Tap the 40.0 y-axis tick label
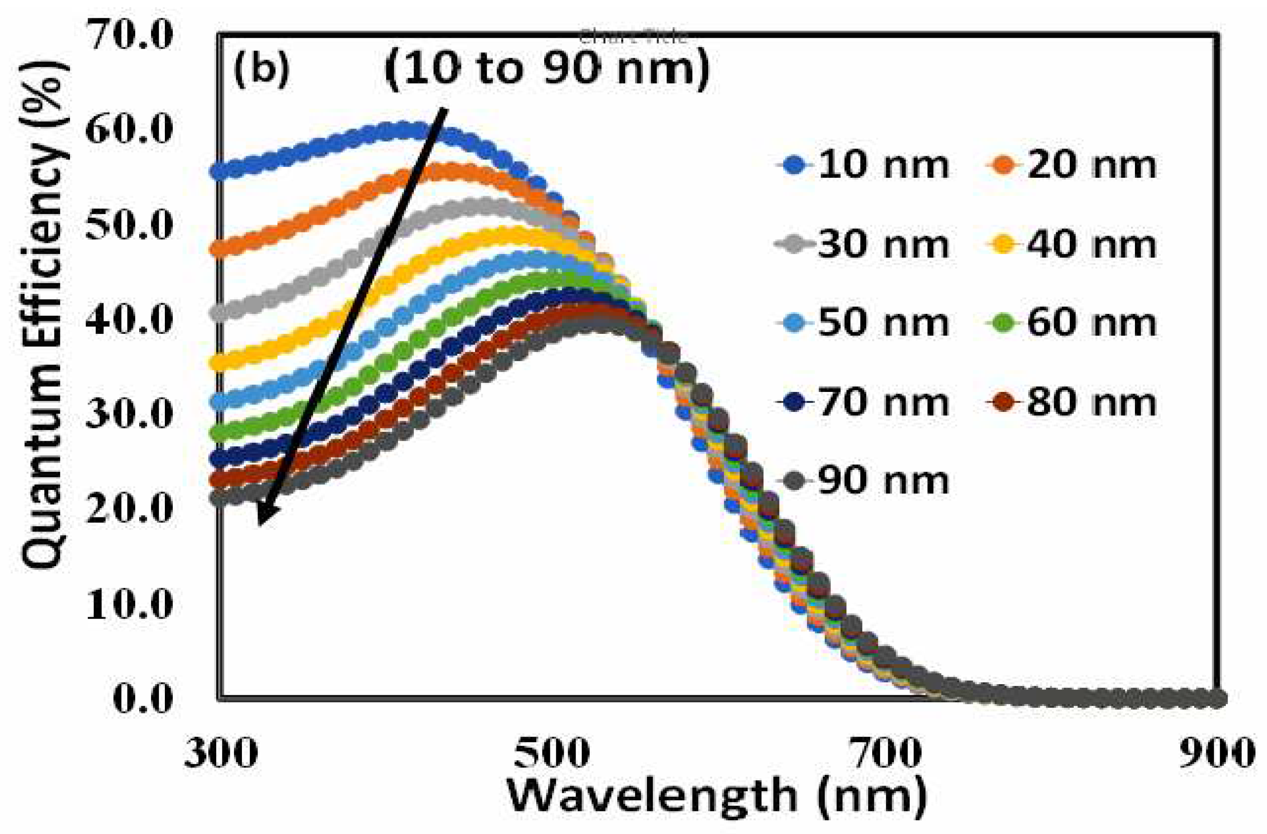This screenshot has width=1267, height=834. pyautogui.click(x=130, y=320)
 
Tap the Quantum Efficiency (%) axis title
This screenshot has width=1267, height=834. pyautogui.click(x=45, y=314)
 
